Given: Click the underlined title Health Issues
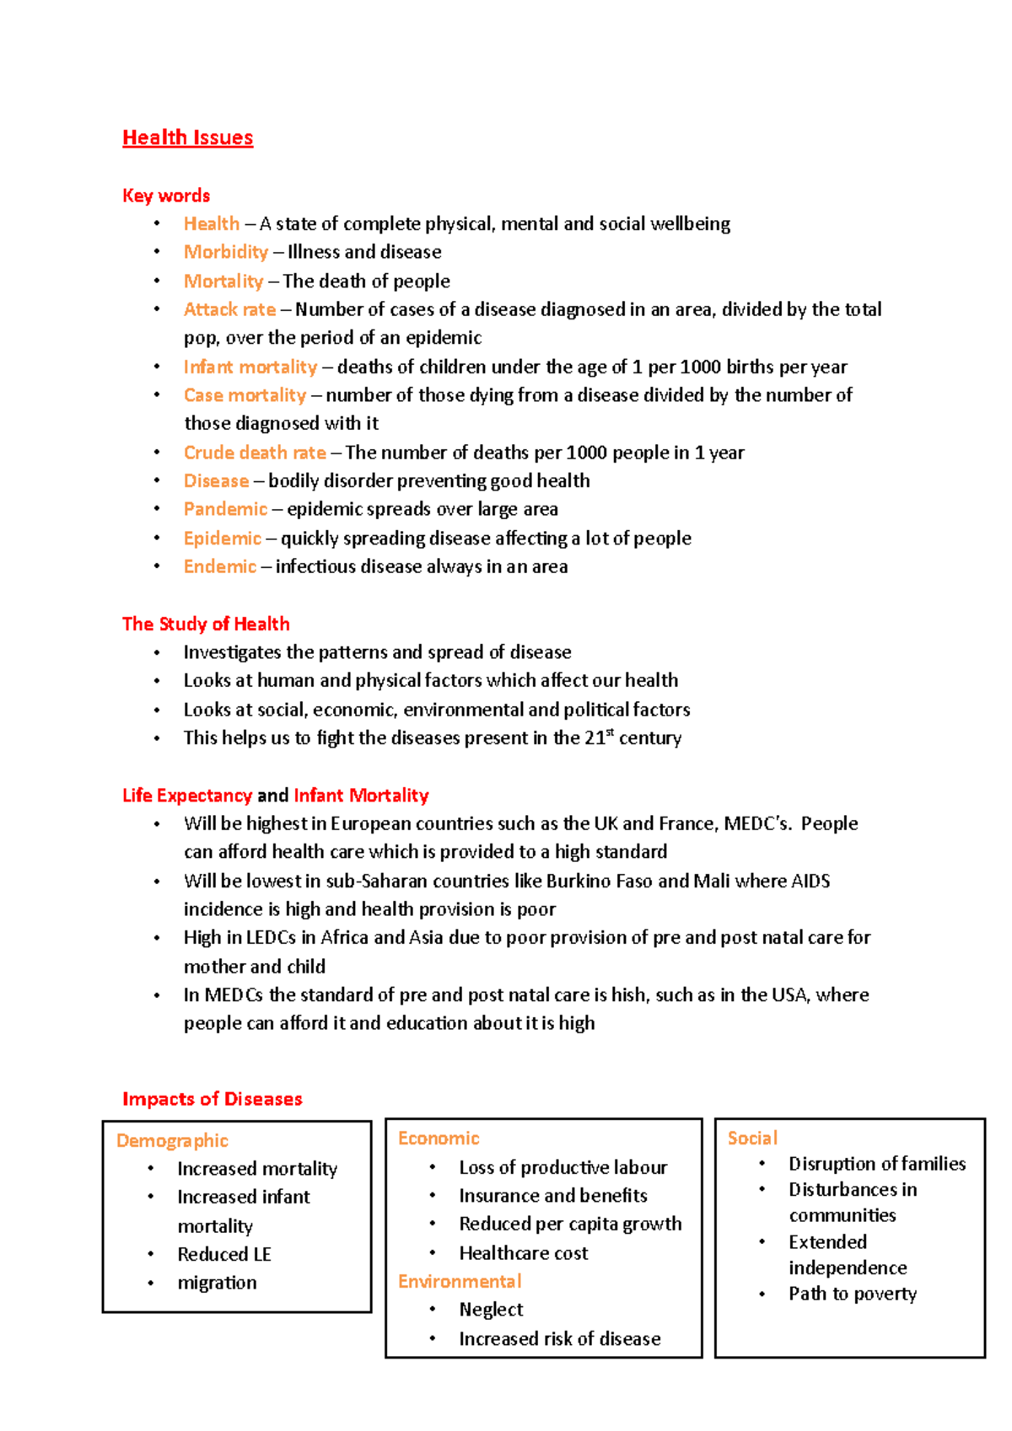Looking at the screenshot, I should tap(187, 137).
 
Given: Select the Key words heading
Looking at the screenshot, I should tap(166, 196).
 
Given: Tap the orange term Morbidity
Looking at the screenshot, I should tap(225, 252).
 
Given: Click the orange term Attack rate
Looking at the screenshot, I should tap(229, 309).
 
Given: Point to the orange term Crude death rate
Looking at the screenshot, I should tap(255, 453).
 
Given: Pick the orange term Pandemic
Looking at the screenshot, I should tap(225, 509).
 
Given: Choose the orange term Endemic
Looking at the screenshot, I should tap(219, 566).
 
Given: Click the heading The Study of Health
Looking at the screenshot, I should tap(206, 624).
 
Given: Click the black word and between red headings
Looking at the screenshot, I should tap(272, 796).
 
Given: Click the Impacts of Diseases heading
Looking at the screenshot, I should tap(212, 1099).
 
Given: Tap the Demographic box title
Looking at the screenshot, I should tap(172, 1140).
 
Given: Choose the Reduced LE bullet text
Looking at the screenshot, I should tap(223, 1254).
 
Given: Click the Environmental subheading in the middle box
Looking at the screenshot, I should tap(460, 1281).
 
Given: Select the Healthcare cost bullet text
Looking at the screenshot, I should tap(523, 1253).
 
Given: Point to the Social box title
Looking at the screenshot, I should tap(752, 1138).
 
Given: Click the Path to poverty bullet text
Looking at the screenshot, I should tap(852, 1294).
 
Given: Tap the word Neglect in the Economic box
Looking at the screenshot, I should tap(491, 1310).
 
